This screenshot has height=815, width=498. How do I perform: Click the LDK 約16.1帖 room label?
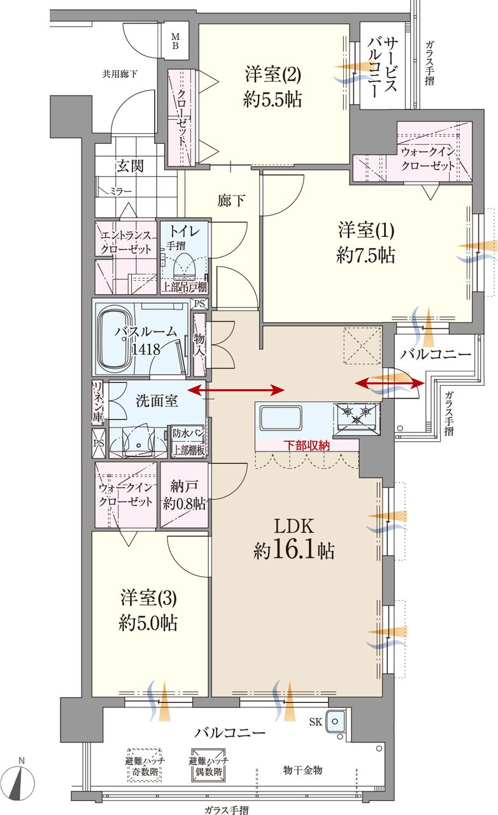295,539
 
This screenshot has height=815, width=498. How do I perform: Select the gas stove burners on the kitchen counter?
357,415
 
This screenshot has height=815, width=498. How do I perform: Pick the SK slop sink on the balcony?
335,721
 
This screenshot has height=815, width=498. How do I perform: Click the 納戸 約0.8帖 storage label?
184,494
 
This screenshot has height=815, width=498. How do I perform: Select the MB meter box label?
174,43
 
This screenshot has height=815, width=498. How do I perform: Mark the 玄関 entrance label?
129,166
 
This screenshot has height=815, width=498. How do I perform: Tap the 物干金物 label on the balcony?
302,770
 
